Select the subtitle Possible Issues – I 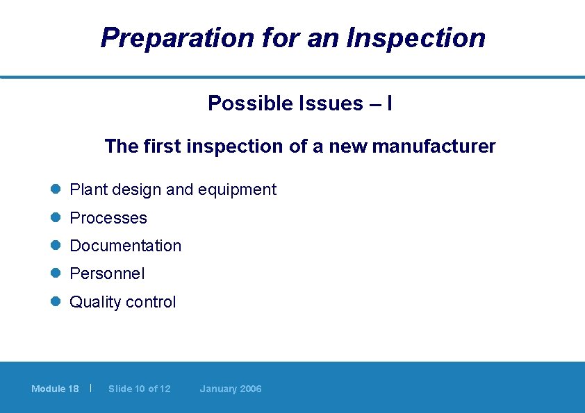300,103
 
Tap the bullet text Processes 108,218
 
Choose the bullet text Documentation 125,246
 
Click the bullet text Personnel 107,274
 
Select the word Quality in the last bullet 94,302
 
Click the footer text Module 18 55,389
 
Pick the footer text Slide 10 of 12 139,389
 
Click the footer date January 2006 231,389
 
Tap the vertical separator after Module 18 91,388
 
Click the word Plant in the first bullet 86,189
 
